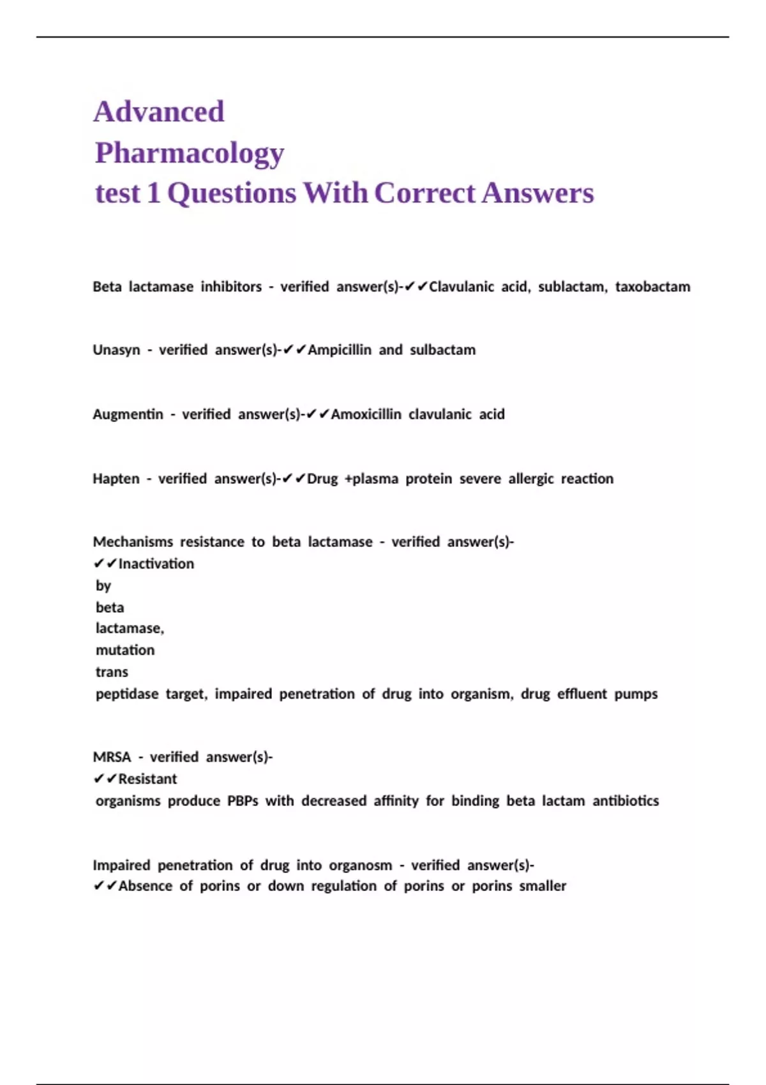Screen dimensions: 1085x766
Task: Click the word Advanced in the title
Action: coord(159,112)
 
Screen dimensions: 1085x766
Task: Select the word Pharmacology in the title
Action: coord(190,153)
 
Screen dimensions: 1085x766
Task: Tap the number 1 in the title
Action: coord(153,193)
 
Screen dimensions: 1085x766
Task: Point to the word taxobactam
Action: coord(652,287)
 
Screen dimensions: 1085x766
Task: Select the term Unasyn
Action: coord(116,350)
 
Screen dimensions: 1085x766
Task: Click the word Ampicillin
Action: coord(339,350)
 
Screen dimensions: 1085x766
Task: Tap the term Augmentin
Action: coord(128,415)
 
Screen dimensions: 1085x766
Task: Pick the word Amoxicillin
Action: coord(366,415)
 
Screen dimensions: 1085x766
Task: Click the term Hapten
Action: coord(116,479)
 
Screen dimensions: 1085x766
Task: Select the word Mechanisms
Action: coord(133,542)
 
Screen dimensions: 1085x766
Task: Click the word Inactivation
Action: coord(156,564)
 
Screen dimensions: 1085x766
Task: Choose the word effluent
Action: coord(582,694)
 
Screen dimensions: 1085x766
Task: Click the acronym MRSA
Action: coord(112,758)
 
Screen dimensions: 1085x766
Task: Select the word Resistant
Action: coord(147,779)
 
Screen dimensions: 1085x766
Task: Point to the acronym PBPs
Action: coord(243,801)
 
